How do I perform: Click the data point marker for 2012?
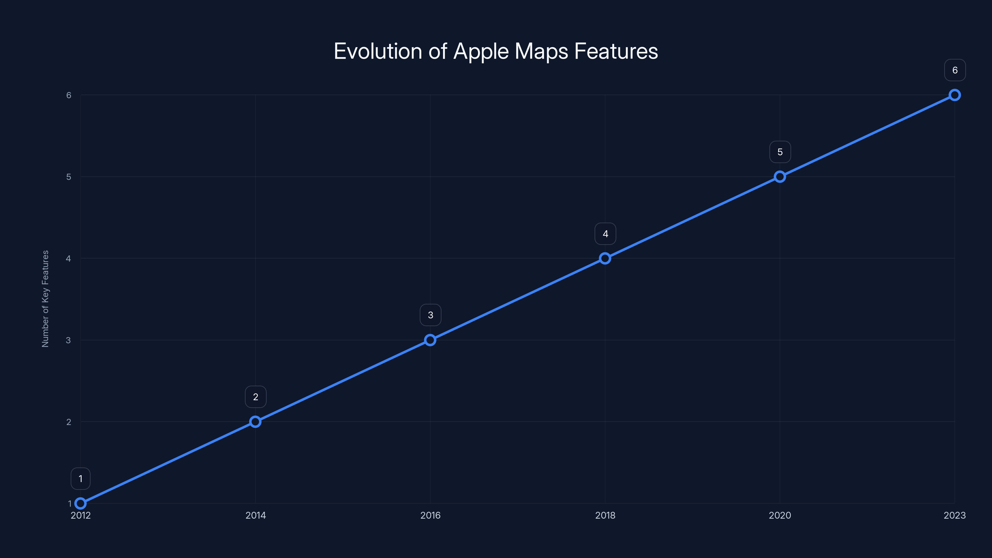pos(81,503)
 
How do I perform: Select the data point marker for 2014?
pos(255,422)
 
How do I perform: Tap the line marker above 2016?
pos(430,340)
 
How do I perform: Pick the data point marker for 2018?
pos(605,259)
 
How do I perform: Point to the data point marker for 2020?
pos(780,177)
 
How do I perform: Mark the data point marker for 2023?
pos(955,95)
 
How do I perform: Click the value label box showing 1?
pos(81,479)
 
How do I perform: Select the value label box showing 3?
pos(431,315)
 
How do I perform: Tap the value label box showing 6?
pos(955,70)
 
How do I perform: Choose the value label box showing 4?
pos(605,234)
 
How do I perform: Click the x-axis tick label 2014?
pos(256,515)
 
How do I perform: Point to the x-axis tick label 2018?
pos(605,515)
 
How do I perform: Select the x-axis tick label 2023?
pos(955,515)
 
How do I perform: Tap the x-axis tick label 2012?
pos(81,515)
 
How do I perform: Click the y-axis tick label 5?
pos(69,177)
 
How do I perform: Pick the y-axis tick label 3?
pos(69,340)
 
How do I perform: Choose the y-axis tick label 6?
pos(69,95)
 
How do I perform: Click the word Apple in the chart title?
pos(481,51)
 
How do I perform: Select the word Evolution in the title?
pos(377,51)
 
